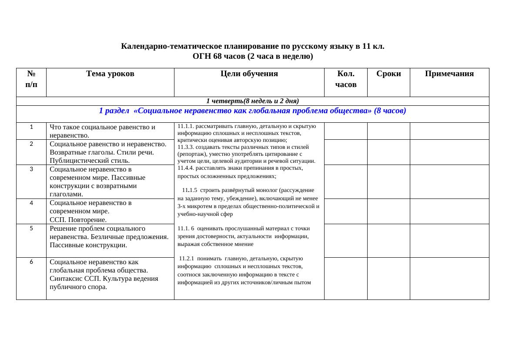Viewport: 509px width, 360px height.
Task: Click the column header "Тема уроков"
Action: pyautogui.click(x=110, y=74)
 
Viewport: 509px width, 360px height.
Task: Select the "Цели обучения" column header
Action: pyautogui.click(x=249, y=74)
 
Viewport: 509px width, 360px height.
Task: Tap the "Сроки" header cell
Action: pyautogui.click(x=388, y=74)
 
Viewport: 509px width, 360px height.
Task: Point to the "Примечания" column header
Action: pyautogui.click(x=449, y=74)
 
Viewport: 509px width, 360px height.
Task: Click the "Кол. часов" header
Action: pyautogui.click(x=345, y=79)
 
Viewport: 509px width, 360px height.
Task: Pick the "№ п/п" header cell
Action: pyautogui.click(x=31, y=79)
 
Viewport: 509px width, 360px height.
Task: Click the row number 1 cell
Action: pyautogui.click(x=31, y=127)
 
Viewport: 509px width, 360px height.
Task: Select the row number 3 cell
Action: pyautogui.click(x=31, y=169)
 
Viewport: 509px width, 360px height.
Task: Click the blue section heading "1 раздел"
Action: pyautogui.click(x=252, y=111)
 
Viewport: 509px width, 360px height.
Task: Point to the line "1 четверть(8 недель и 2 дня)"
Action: pyautogui.click(x=252, y=101)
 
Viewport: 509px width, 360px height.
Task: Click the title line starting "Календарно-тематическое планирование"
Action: pyautogui.click(x=252, y=46)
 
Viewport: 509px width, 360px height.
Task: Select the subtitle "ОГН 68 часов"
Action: pyautogui.click(x=252, y=56)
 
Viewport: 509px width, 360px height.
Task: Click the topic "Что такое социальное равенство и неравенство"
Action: pyautogui.click(x=102, y=131)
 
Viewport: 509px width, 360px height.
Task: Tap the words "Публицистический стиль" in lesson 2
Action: pyautogui.click(x=90, y=161)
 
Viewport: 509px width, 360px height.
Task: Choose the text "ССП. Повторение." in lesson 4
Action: pyautogui.click(x=78, y=220)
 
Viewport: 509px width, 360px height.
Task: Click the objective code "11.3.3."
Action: pyautogui.click(x=186, y=147)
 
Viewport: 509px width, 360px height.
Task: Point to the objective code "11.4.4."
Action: pyautogui.click(x=186, y=168)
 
